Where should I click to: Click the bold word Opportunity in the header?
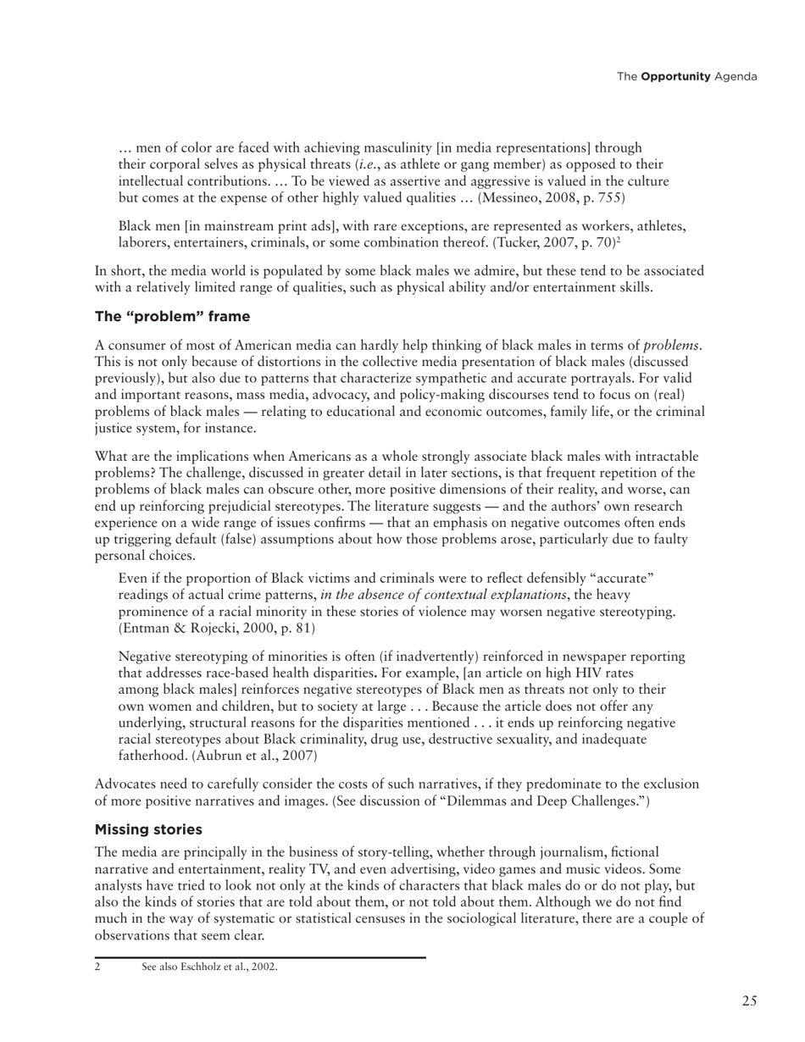675,77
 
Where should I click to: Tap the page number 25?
749,1001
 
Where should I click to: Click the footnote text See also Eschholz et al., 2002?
209,967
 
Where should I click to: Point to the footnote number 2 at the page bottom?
98,967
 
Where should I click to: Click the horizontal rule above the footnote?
259,957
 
